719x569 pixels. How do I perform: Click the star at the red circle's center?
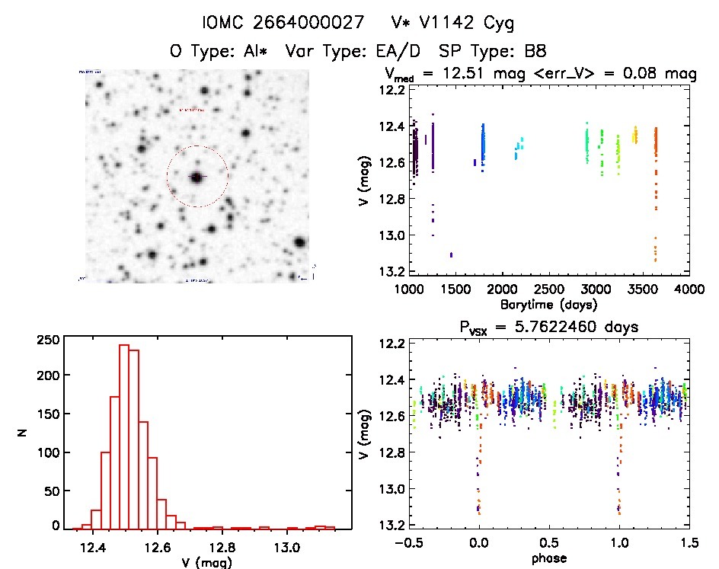coord(197,177)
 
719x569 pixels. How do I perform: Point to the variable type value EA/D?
coord(395,51)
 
